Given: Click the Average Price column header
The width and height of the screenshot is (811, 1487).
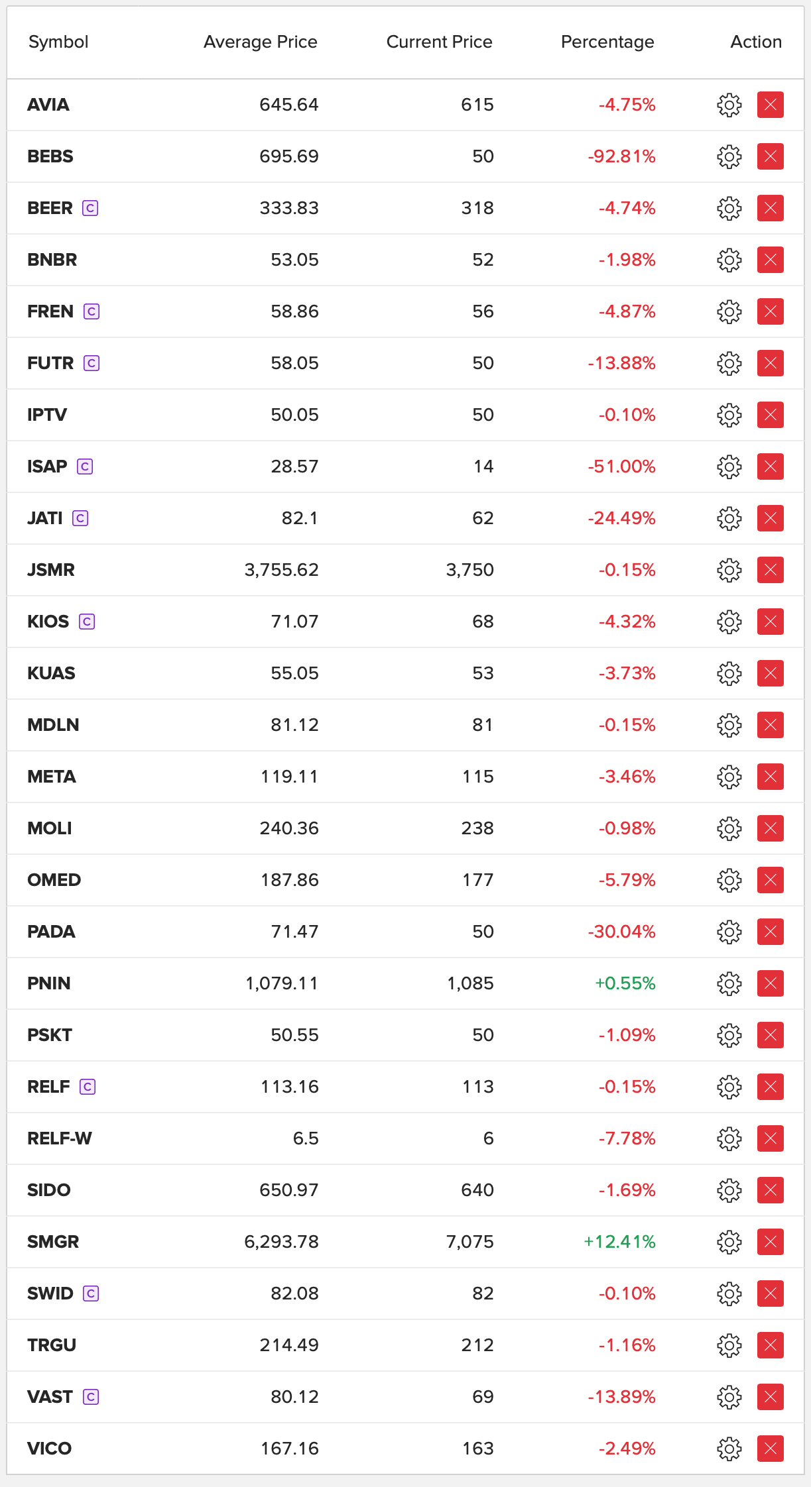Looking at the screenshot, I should (260, 42).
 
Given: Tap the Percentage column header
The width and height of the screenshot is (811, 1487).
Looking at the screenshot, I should (607, 42).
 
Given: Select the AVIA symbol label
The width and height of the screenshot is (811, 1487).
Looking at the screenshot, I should (48, 105).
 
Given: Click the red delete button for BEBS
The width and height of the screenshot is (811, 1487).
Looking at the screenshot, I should (770, 156).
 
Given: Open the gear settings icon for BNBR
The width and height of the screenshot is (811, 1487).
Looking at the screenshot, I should (729, 260).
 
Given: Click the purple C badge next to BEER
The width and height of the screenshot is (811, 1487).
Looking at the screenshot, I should (90, 208).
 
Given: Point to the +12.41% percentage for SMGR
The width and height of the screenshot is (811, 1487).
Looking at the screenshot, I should (619, 1242).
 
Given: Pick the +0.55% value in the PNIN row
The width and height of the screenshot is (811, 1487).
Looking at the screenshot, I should (625, 983).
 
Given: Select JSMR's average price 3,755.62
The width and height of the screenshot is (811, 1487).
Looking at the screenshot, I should (281, 570).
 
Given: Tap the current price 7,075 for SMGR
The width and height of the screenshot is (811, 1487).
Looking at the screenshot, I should (469, 1242).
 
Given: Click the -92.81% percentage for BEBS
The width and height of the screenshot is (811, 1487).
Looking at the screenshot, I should (621, 156).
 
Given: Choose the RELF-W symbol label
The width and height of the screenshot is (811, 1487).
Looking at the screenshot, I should (60, 1138).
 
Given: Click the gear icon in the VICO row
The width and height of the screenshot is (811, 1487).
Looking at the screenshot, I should (729, 1449).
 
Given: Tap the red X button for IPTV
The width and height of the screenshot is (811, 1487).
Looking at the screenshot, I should (770, 415).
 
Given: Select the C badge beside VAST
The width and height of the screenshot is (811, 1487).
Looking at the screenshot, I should (91, 1397).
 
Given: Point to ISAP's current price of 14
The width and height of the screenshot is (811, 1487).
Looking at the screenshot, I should (483, 467).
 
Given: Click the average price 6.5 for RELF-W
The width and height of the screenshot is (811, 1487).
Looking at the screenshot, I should (306, 1138).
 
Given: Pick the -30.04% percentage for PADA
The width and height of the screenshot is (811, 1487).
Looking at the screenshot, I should (621, 932).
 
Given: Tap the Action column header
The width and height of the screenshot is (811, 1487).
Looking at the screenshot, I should (755, 42).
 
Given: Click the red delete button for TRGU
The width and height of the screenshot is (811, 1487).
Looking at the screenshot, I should (770, 1345).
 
